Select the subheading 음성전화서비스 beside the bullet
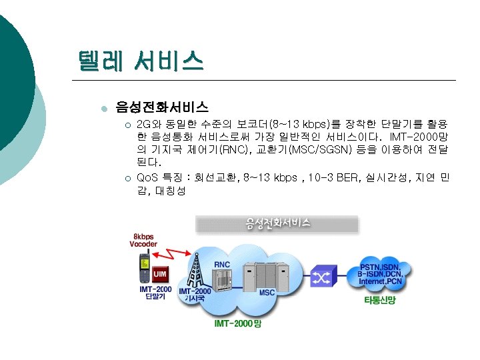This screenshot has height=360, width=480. tap(162, 106)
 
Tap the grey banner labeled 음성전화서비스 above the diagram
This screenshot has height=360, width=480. tap(277, 223)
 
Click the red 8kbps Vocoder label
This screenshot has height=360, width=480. tap(143, 241)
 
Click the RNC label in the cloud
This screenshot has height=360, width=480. tap(222, 264)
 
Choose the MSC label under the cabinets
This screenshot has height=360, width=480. tap(267, 293)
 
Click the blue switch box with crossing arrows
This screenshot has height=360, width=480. tap(323, 277)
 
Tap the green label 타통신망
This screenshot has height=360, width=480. tap(379, 301)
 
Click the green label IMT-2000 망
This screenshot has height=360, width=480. tap(237, 323)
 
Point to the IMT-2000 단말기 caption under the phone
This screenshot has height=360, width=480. tap(155, 293)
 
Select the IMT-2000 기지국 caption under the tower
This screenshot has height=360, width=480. tap(195, 295)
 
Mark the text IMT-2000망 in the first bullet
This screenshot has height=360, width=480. tap(419, 137)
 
